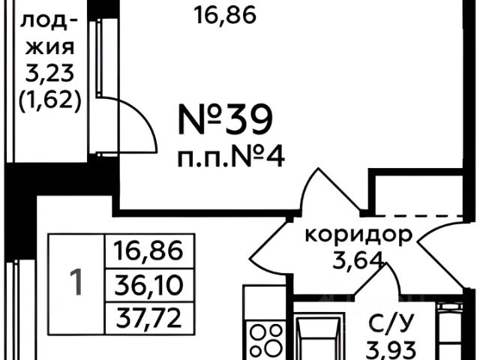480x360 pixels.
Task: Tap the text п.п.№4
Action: [x=230, y=158]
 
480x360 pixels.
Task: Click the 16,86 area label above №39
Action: [x=226, y=14]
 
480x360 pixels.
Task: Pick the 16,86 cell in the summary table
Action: [x=149, y=251]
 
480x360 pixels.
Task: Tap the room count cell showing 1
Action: [x=76, y=282]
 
